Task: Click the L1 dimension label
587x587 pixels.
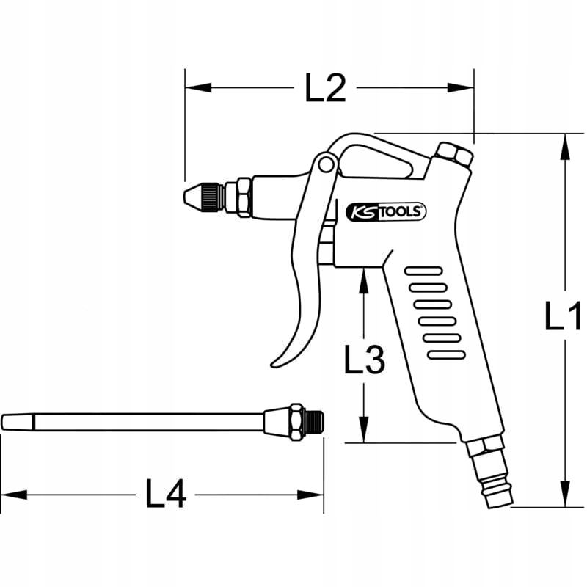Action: click(563, 317)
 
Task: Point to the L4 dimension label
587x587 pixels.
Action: click(166, 495)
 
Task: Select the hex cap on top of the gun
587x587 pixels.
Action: click(453, 156)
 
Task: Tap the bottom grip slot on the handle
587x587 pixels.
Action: click(446, 354)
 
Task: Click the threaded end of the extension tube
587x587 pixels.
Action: click(316, 421)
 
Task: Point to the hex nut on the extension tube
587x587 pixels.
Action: click(295, 422)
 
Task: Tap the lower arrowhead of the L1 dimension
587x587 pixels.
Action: click(564, 495)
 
